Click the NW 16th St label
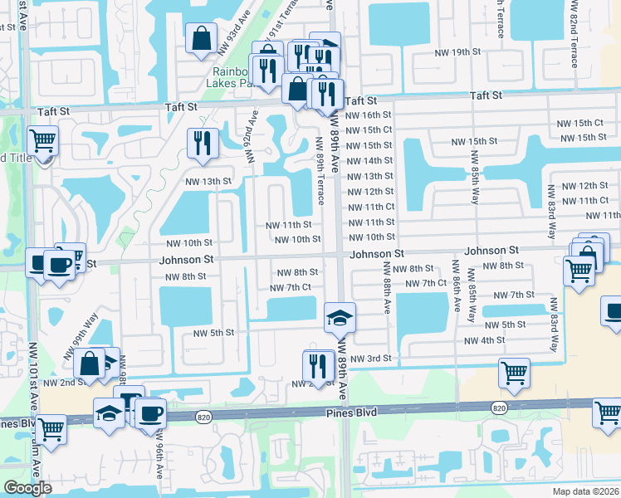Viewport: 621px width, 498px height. [368, 115]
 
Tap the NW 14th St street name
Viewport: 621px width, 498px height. [368, 161]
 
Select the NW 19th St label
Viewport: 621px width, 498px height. [459, 52]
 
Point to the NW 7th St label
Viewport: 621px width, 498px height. [513, 295]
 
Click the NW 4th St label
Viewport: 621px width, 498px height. [485, 340]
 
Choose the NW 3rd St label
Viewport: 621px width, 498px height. [369, 359]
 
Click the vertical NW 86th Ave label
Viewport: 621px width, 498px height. [456, 287]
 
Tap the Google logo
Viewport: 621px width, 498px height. [27, 488]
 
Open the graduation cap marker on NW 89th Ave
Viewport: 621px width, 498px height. [338, 316]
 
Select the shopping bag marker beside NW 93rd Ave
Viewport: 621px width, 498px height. [202, 38]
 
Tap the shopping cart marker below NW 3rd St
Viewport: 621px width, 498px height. [514, 373]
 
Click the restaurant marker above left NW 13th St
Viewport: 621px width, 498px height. [203, 142]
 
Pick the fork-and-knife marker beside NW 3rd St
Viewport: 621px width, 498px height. [317, 364]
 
